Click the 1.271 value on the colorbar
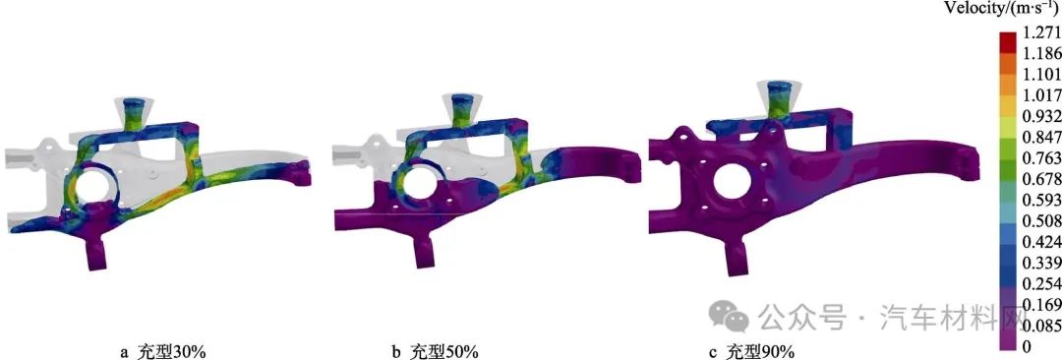pyautogui.click(x=1042, y=33)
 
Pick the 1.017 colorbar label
pyautogui.click(x=1042, y=94)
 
